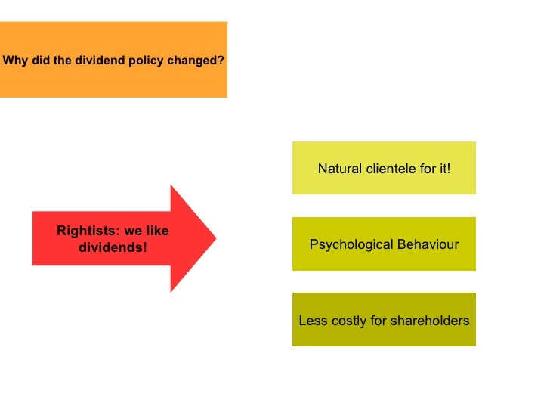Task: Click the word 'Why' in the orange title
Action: coord(15,60)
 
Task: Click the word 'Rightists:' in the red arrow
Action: coord(86,231)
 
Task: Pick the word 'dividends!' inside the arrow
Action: coord(113,247)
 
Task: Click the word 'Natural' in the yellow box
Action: coord(340,169)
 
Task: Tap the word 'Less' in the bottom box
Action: coord(313,321)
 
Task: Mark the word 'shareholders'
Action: coord(430,321)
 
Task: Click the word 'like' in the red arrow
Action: coord(157,231)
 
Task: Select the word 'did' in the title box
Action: coord(40,60)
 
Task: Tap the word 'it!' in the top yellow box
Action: coord(442,169)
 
